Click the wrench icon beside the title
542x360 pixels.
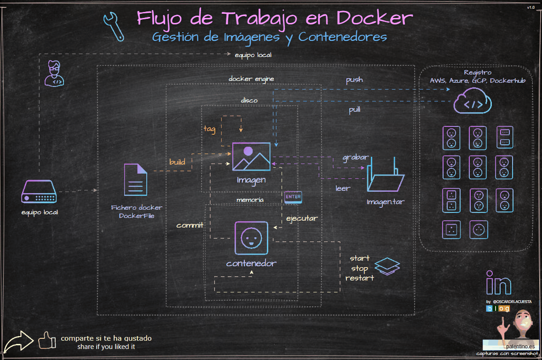pos(113,25)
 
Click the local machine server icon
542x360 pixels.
pos(39,192)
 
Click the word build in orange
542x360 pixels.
pos(177,162)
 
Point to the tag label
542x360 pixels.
pos(209,129)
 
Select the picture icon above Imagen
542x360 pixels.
pos(251,156)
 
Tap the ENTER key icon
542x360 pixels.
pos(293,197)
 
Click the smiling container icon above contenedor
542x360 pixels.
pos(251,238)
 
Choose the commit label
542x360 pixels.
pos(190,225)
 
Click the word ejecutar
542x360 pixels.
pos(302,218)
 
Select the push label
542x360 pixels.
pos(354,80)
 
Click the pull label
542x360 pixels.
pos(354,110)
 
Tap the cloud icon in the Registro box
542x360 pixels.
pos(473,103)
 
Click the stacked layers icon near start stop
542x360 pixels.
pos(387,266)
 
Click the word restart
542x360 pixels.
pos(359,278)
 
